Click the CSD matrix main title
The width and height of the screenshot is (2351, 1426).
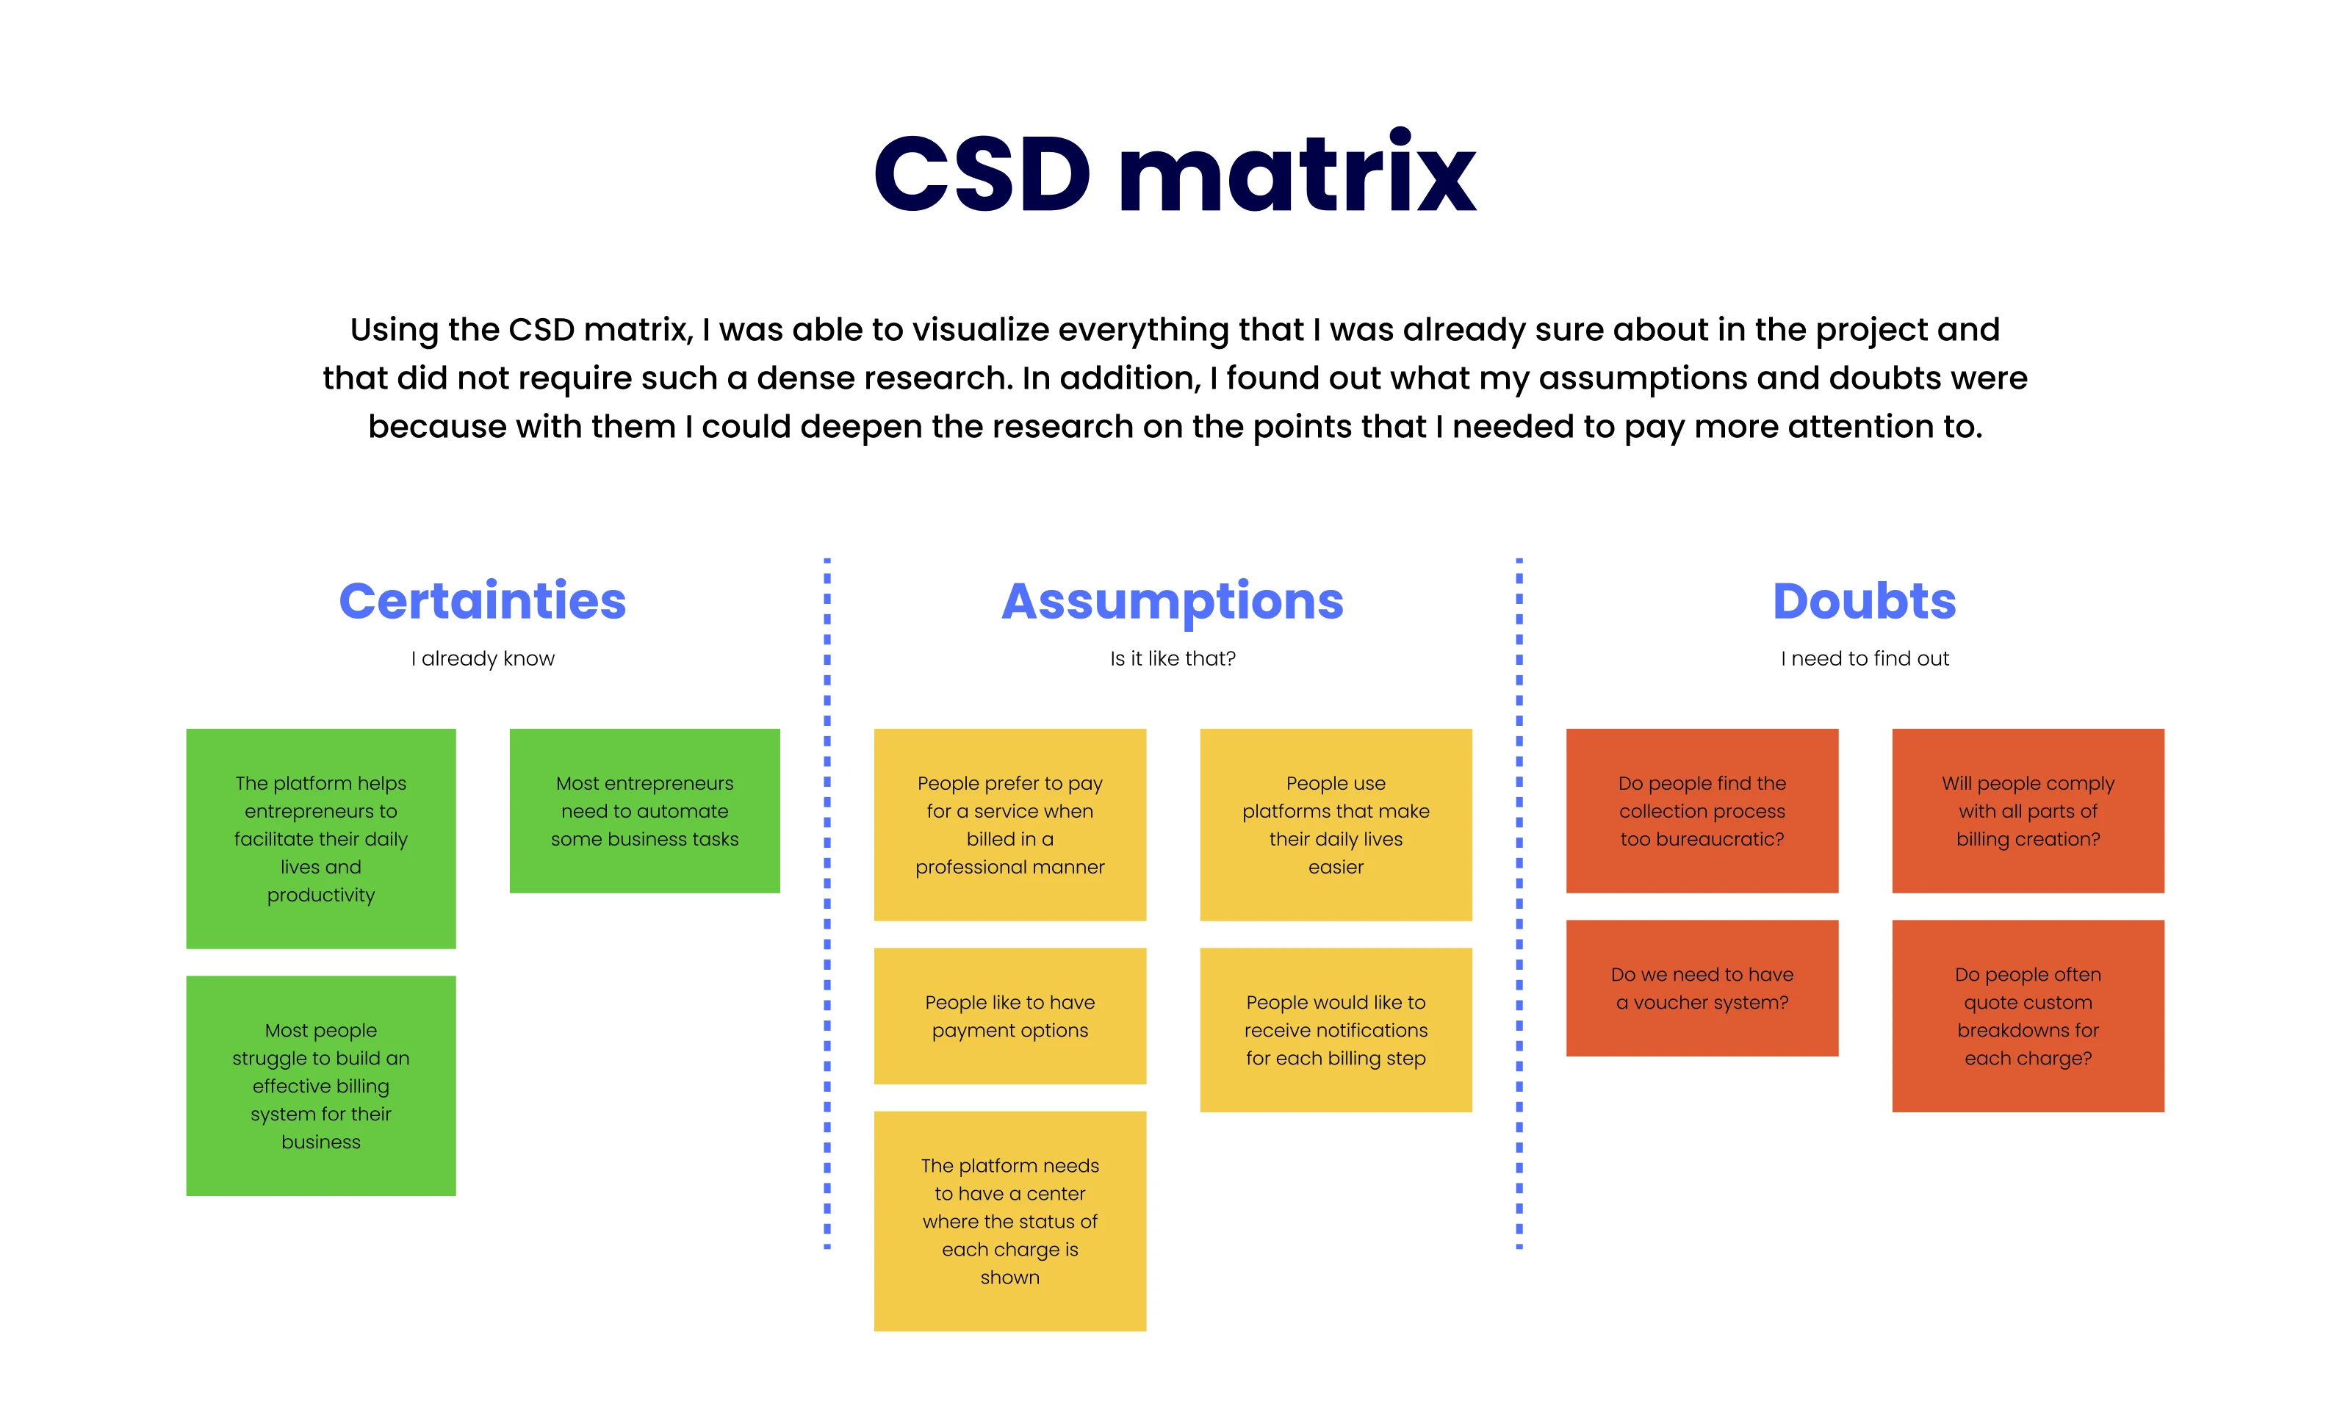[1175, 173]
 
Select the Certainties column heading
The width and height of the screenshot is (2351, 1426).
[482, 601]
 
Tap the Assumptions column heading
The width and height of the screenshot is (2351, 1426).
[1172, 601]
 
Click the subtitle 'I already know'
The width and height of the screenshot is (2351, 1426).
[482, 658]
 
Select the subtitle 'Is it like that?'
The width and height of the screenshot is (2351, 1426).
[1172, 658]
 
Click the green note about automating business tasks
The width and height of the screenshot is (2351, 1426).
[644, 811]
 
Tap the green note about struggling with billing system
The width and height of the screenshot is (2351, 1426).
[320, 1085]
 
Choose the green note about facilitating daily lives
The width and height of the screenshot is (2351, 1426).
[320, 838]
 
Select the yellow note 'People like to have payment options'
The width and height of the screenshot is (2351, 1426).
[1009, 1016]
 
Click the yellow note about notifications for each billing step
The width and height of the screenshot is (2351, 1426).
[1335, 1029]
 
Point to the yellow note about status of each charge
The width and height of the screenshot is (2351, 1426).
[1009, 1221]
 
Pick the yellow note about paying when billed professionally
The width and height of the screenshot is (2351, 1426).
[1009, 824]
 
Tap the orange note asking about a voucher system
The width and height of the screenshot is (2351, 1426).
[1702, 988]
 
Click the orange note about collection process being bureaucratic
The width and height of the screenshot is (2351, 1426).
[1702, 811]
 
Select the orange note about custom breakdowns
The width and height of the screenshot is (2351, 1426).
[2028, 1016]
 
